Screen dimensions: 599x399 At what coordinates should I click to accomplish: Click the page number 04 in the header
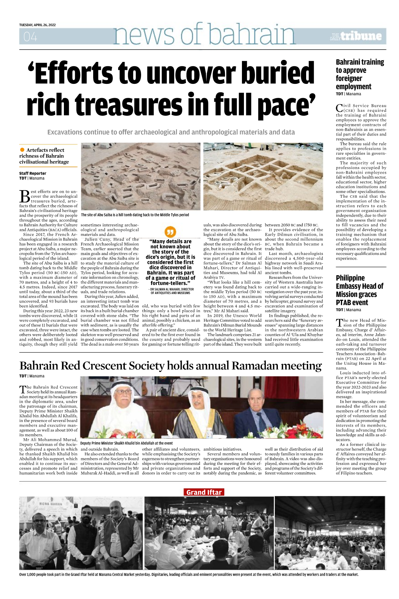coord(30,37)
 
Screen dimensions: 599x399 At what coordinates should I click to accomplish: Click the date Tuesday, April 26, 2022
coord(37,25)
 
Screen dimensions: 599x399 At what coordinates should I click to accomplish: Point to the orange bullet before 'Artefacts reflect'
coord(22,150)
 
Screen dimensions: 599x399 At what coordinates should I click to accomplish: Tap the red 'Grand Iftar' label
coord(204,493)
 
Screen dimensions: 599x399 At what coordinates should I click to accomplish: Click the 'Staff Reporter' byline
coord(33,173)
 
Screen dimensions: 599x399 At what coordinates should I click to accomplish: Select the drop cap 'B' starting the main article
coord(25,196)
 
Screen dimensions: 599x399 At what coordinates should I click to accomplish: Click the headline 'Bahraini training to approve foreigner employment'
coord(360,74)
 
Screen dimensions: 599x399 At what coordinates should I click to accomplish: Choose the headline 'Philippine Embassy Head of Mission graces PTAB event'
coord(359,290)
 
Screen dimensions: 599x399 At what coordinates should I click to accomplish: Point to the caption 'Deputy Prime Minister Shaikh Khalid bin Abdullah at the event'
coord(126,443)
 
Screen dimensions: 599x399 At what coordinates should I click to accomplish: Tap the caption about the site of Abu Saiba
coord(135,215)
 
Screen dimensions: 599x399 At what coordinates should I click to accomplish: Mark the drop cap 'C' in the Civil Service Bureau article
coord(339,108)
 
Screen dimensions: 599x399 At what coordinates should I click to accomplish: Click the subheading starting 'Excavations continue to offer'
coord(171,132)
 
